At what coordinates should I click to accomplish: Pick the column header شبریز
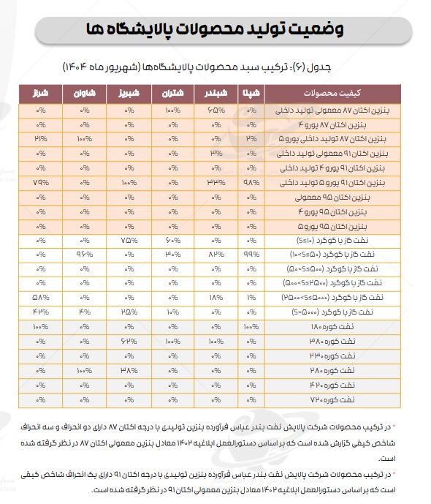128,94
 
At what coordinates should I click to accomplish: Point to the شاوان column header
84,94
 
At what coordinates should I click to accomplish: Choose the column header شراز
39,94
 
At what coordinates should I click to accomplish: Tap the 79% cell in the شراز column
40,181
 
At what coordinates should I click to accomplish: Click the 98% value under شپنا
250,181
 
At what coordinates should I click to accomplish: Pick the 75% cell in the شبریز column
129,239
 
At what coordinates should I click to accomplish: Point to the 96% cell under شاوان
85,254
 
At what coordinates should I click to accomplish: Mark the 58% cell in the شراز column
40,297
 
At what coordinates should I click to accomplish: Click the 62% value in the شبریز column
129,340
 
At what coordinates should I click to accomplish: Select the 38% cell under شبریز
129,369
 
